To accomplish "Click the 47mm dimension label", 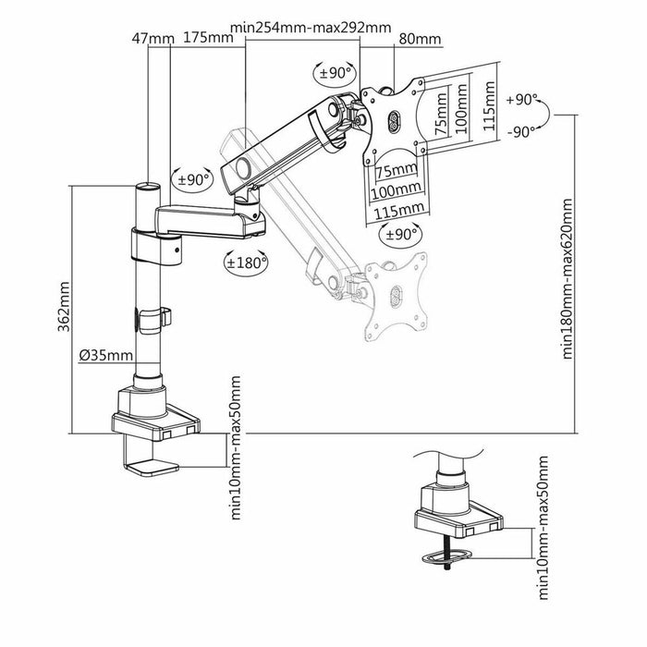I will [153, 38].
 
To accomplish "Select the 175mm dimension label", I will [208, 38].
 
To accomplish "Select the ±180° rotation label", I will [246, 262].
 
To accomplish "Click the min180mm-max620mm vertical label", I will [567, 282].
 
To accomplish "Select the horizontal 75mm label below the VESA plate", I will [396, 171].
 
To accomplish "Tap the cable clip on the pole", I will [153, 317].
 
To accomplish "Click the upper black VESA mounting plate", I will [393, 120].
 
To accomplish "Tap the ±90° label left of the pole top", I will [192, 179].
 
